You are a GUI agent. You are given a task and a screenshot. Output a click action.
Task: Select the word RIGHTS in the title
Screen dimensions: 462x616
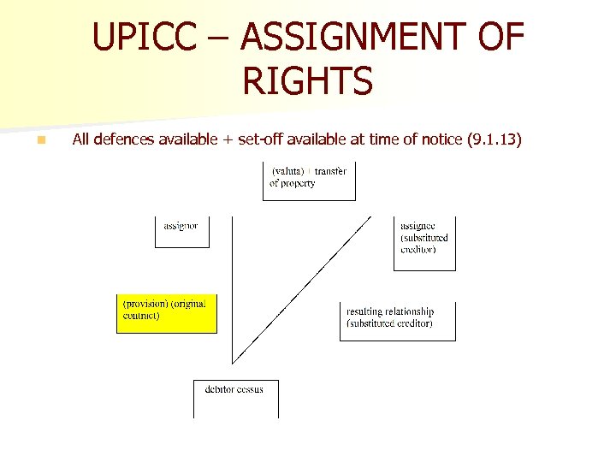(x=308, y=81)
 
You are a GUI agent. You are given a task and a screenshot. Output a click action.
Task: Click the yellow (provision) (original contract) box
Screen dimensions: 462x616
(x=167, y=313)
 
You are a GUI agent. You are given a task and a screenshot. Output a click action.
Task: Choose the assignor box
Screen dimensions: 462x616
(x=181, y=230)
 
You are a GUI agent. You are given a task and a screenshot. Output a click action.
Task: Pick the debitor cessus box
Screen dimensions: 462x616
(x=235, y=398)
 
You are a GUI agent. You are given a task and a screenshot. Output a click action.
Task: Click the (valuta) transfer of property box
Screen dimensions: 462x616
(x=309, y=181)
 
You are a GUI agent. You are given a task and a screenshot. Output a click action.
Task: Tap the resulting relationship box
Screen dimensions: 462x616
(x=397, y=320)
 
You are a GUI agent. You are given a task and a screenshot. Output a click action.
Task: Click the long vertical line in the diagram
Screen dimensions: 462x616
(x=233, y=291)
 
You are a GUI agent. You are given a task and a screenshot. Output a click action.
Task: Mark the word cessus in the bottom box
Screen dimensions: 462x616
(x=249, y=389)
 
